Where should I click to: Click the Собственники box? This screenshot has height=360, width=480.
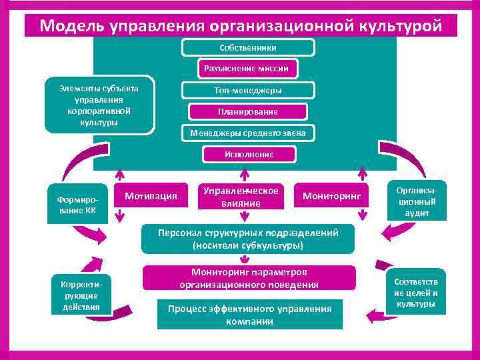click(x=248, y=47)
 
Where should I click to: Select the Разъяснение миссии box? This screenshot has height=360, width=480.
click(x=248, y=69)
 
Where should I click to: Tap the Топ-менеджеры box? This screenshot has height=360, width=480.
click(x=248, y=90)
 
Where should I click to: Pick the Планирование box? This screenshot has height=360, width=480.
click(x=248, y=111)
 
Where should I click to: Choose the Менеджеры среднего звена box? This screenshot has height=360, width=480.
click(x=248, y=133)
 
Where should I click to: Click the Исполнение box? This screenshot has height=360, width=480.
click(x=248, y=155)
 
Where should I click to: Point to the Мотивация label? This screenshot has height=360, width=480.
click(x=151, y=195)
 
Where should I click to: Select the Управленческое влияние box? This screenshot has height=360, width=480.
click(x=241, y=196)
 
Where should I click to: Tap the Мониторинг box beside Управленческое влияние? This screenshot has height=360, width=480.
click(x=331, y=196)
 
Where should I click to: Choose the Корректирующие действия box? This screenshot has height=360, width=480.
click(x=81, y=294)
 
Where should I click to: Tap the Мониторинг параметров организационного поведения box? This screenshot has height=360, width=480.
click(x=249, y=279)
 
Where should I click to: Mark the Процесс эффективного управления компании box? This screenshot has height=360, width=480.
click(x=249, y=315)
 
